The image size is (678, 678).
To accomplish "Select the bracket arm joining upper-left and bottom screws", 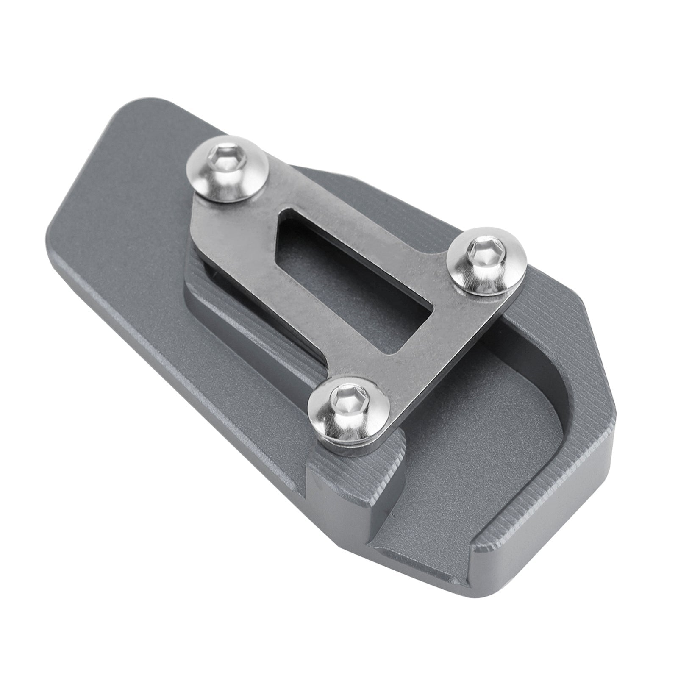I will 271,297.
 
